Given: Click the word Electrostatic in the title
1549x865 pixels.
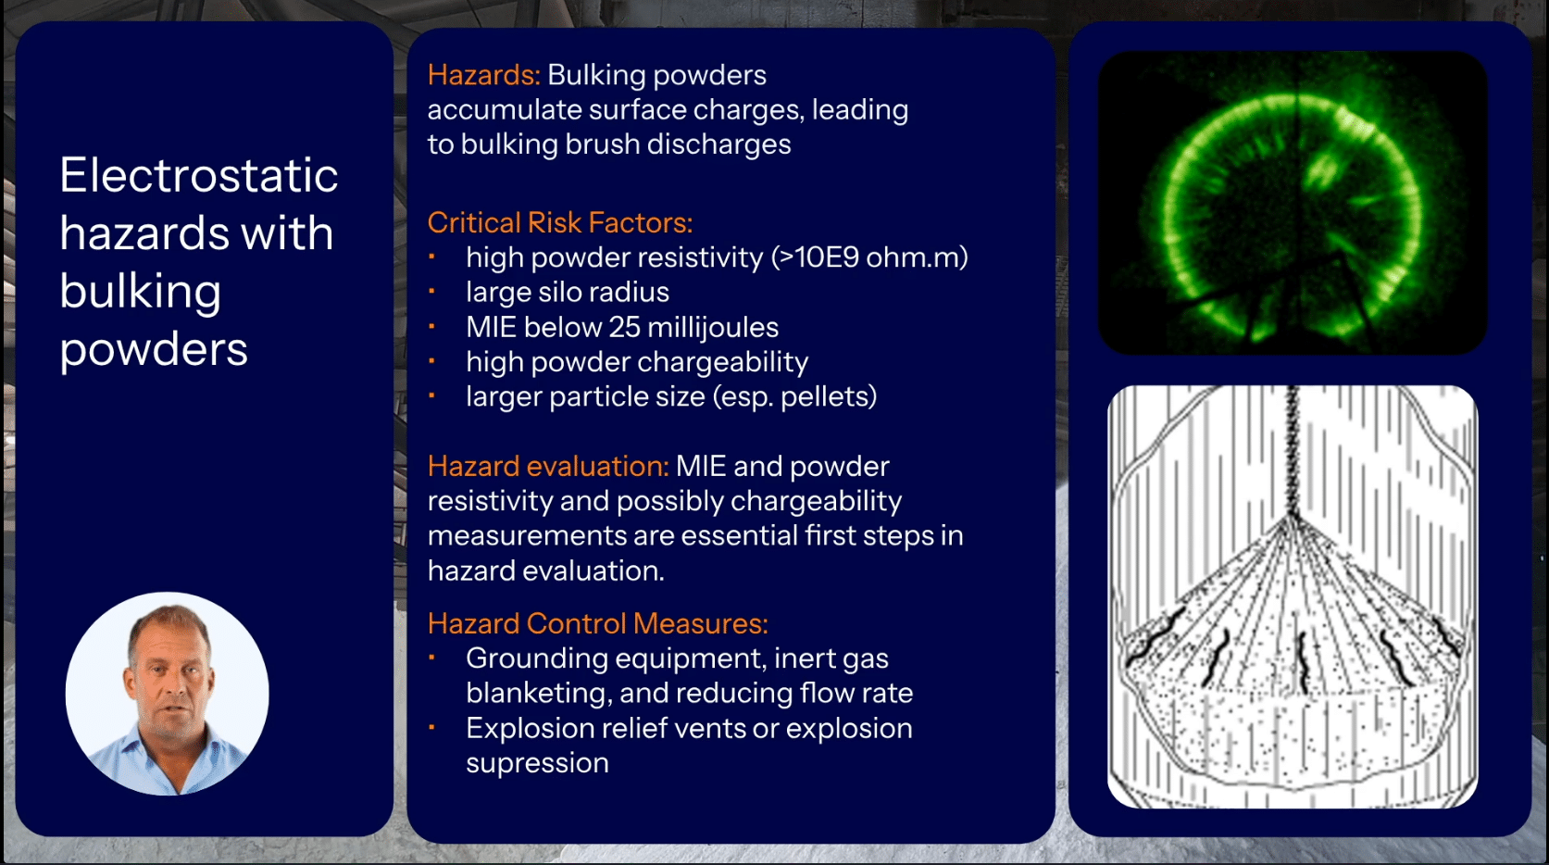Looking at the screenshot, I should click(x=198, y=175).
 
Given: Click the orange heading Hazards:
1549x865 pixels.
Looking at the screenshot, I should click(x=483, y=75).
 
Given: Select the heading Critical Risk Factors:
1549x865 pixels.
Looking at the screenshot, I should click(x=559, y=222).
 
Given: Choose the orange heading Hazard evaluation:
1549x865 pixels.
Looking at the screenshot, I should click(x=547, y=466).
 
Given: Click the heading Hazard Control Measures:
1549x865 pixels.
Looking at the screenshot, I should click(x=597, y=623).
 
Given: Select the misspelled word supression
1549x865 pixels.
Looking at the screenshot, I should click(x=537, y=763).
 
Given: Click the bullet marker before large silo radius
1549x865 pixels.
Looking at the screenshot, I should click(x=431, y=292).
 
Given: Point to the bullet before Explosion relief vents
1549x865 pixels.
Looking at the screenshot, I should click(x=431, y=728).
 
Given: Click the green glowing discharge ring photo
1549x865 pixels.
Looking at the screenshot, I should click(x=1292, y=203).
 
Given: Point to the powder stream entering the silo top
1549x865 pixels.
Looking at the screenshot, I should click(x=1293, y=445).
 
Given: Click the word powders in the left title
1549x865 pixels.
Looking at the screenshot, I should click(x=154, y=349).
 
